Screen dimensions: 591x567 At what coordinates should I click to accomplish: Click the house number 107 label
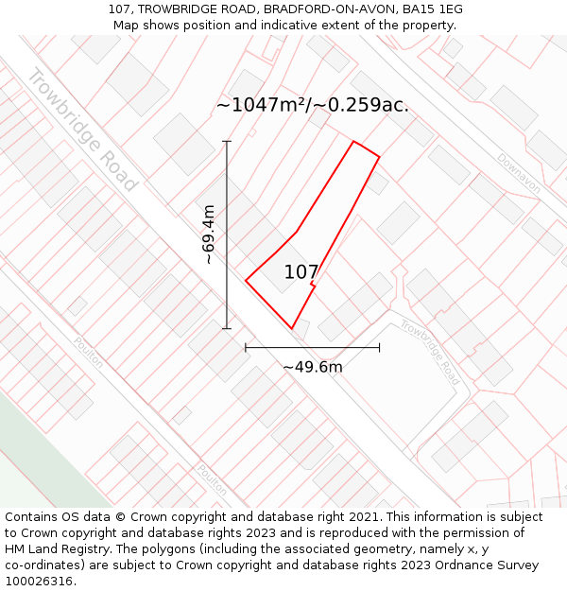[x=301, y=272]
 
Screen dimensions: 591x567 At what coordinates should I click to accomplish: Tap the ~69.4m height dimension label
[x=208, y=235]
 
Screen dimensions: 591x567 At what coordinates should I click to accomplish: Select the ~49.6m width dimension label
[x=312, y=367]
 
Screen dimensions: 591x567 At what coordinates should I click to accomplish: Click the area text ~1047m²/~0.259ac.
[x=312, y=105]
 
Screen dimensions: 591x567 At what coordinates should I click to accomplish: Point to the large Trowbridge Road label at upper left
[x=82, y=130]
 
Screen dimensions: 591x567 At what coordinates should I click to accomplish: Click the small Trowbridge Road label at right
[x=429, y=351]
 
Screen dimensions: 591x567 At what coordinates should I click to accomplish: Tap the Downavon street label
[x=518, y=174]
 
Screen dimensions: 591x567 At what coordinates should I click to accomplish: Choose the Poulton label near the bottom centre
[x=213, y=479]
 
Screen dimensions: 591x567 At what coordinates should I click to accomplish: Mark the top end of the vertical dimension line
[x=227, y=141]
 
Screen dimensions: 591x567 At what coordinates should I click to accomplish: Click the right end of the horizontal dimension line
[x=380, y=348]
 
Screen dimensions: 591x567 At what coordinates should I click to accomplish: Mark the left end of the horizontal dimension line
[x=246, y=348]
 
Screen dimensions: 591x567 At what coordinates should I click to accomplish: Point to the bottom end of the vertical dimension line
[x=227, y=329]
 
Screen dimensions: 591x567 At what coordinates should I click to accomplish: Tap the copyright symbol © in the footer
[x=120, y=517]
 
